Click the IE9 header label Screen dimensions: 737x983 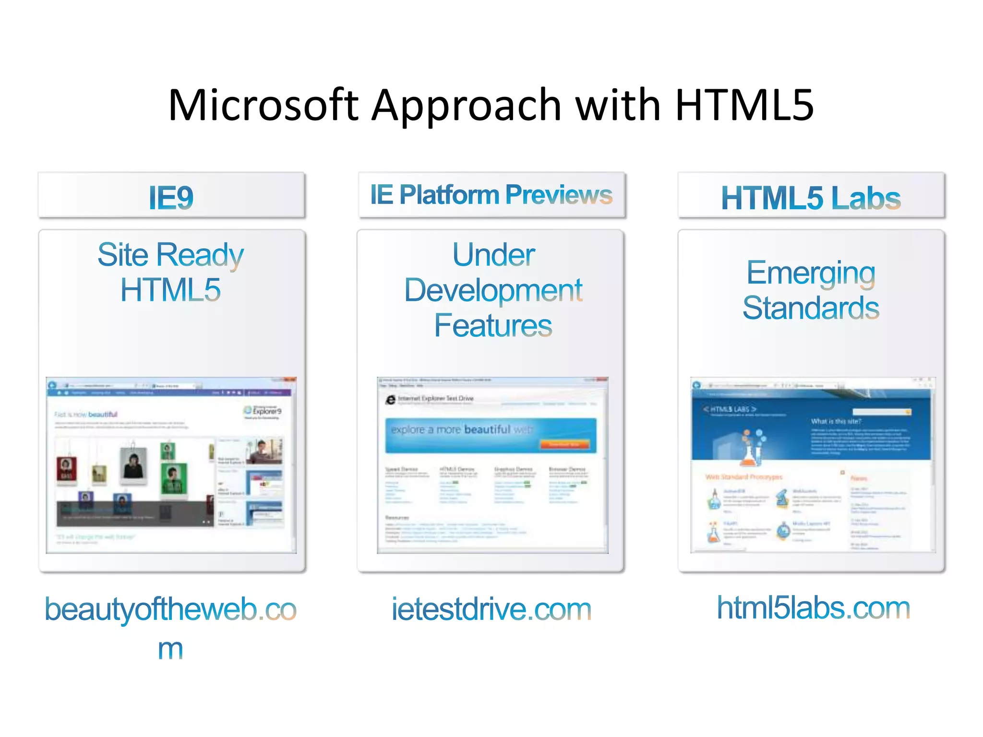pyautogui.click(x=171, y=197)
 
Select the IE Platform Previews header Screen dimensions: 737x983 pyautogui.click(x=491, y=195)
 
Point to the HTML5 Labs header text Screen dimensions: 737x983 pyautogui.click(x=811, y=198)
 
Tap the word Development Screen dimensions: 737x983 pyautogui.click(x=493, y=290)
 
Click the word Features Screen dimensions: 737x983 pyautogui.click(x=493, y=326)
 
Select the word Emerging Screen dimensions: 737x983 pyautogui.click(x=811, y=273)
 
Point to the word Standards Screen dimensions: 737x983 pyautogui.click(x=811, y=308)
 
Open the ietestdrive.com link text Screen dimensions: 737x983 pyautogui.click(x=491, y=609)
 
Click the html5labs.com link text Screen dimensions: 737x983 pyautogui.click(x=813, y=608)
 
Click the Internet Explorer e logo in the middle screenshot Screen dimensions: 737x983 pyautogui.click(x=391, y=399)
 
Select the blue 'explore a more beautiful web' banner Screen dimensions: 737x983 pyautogui.click(x=491, y=435)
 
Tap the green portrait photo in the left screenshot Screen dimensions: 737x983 pyautogui.click(x=173, y=478)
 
